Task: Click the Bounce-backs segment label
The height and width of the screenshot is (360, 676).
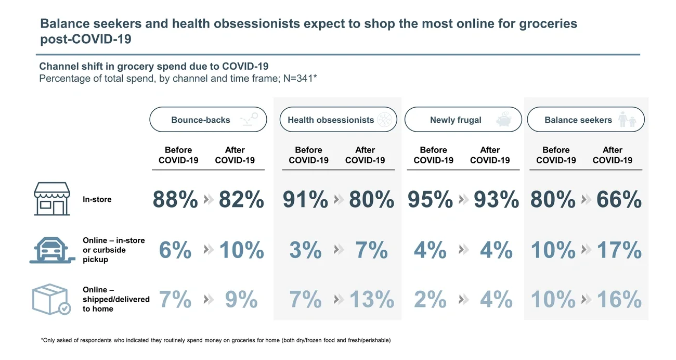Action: tap(201, 120)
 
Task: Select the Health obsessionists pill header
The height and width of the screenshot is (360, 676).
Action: tap(331, 120)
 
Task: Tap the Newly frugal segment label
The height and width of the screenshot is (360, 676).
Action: tap(456, 120)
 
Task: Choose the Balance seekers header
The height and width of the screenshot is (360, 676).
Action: tap(578, 120)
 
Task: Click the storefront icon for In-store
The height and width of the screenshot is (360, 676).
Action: tap(51, 199)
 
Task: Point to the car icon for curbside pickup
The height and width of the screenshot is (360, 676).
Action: tap(51, 250)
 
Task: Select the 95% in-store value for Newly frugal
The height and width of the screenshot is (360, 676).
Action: tap(430, 200)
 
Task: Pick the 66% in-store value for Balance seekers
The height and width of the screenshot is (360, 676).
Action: tap(619, 200)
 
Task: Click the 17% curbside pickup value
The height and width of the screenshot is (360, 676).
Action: tap(619, 250)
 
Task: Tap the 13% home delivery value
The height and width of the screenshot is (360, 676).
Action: tap(371, 300)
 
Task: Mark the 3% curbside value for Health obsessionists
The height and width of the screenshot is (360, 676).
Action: tap(305, 250)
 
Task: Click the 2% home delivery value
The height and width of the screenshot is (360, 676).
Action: tap(430, 300)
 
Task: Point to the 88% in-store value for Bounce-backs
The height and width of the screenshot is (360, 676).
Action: tap(175, 200)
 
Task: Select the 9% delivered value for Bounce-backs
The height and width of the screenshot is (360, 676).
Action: tap(241, 300)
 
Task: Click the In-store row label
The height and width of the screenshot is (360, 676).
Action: tap(97, 199)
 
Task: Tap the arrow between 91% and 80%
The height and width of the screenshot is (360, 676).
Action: tap(339, 200)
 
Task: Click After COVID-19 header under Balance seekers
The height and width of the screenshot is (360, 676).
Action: tap(613, 155)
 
